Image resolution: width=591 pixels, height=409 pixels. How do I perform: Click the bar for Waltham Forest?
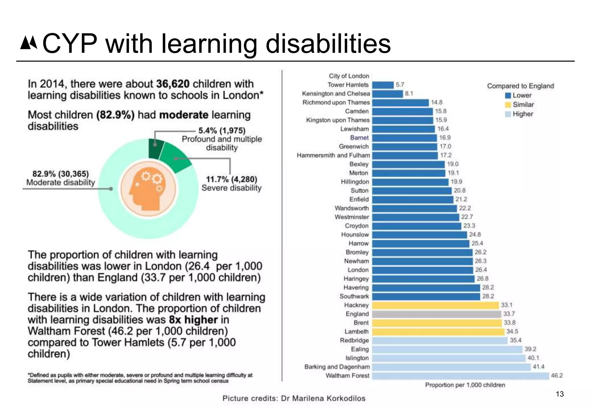(x=460, y=376)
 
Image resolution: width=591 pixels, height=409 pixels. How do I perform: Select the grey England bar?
(x=436, y=314)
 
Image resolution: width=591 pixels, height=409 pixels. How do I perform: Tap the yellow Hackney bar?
(x=435, y=305)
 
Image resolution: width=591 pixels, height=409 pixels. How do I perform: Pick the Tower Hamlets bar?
(x=383, y=85)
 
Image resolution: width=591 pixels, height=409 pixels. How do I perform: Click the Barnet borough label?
(x=359, y=138)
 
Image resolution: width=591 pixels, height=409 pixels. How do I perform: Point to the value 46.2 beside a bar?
(x=557, y=376)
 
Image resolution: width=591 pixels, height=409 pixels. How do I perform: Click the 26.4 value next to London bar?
(x=481, y=270)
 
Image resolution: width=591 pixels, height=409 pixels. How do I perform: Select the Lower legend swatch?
(x=508, y=96)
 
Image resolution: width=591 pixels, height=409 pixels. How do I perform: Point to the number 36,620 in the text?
(x=173, y=84)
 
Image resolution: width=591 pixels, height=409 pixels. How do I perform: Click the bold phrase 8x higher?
(x=193, y=320)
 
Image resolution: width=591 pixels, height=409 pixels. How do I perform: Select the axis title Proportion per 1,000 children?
(x=465, y=385)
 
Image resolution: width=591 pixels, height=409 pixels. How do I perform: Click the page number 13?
(x=560, y=394)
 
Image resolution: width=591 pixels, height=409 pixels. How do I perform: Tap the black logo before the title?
(x=29, y=43)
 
